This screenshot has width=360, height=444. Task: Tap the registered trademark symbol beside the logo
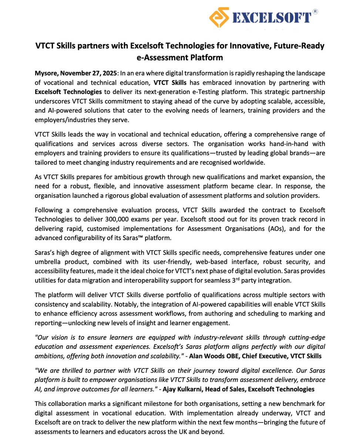315,11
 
